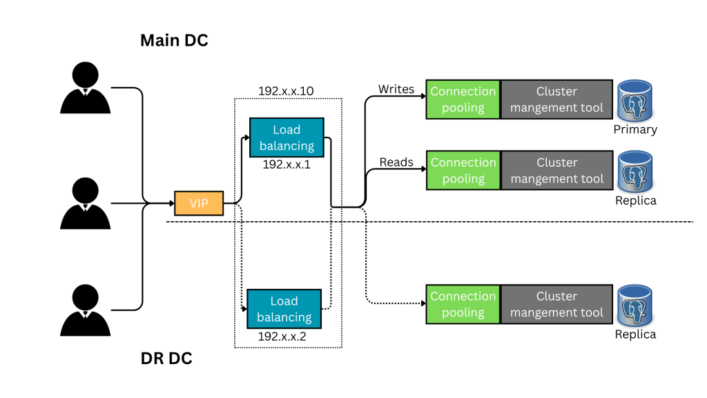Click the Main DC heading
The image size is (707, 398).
coord(174,40)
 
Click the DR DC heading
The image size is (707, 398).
coord(166,359)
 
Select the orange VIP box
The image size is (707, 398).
coord(199,204)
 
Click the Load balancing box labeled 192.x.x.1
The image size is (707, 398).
coord(287,138)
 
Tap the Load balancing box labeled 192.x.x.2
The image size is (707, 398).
coord(284,309)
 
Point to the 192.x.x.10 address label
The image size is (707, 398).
coord(287,91)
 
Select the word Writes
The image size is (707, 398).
coord(396,89)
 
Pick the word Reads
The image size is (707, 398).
coord(396,162)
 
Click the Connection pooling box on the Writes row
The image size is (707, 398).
coord(463,99)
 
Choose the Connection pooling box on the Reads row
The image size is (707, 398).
coord(463,171)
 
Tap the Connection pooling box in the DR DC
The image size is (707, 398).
coord(463,304)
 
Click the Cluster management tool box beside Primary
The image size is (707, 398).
coord(556,99)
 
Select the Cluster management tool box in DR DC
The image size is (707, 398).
coord(556,304)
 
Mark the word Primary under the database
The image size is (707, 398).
coord(635,129)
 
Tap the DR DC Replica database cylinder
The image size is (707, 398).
coord(635,305)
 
